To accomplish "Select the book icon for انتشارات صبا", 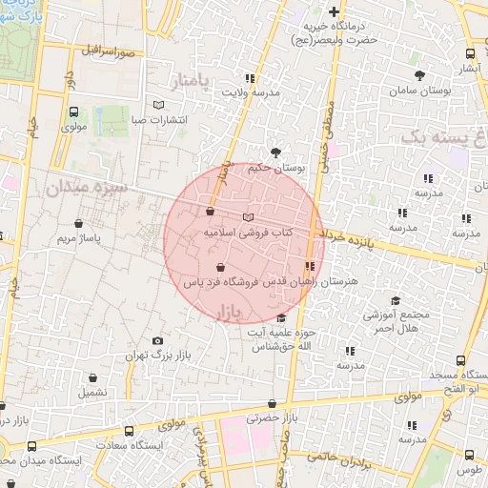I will point(158,106).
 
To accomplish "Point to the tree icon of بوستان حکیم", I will point(275,152).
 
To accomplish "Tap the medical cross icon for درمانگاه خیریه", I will point(334,12).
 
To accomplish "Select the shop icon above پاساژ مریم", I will point(78,224).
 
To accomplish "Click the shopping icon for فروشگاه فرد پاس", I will point(221,268).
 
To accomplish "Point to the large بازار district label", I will point(232,313).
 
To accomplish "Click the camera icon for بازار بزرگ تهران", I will point(158,340).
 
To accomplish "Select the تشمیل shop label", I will point(93,392).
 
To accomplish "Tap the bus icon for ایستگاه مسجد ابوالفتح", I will point(461,361).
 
